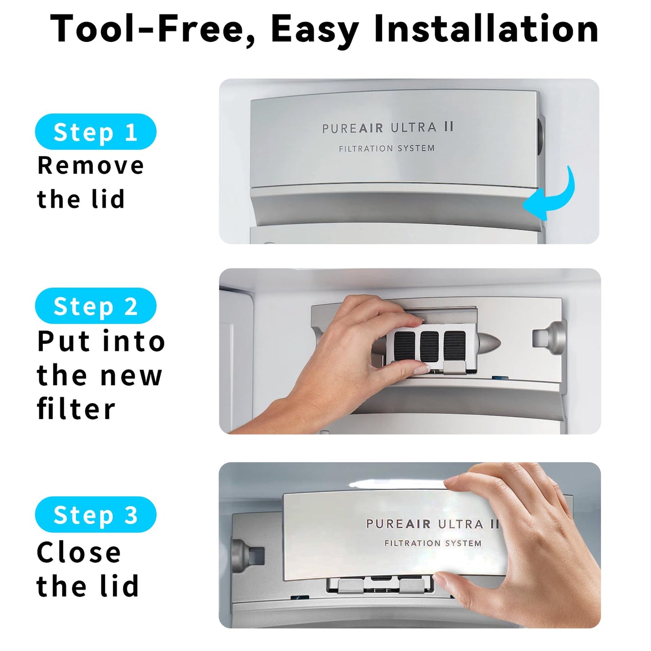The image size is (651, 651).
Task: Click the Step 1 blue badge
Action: click(96, 132)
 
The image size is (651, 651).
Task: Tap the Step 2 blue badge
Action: click(96, 306)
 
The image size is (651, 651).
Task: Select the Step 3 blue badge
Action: click(96, 514)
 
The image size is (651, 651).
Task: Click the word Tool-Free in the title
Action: click(153, 29)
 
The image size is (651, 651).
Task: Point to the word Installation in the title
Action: click(486, 29)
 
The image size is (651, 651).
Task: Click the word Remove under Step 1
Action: click(91, 165)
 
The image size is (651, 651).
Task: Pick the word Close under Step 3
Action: click(79, 552)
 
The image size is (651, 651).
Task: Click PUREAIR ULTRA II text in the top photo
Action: click(387, 128)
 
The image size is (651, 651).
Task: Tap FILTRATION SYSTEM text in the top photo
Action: click(387, 148)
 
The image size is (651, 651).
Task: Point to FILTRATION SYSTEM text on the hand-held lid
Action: click(432, 543)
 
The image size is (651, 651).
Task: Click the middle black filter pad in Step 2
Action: click(429, 345)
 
